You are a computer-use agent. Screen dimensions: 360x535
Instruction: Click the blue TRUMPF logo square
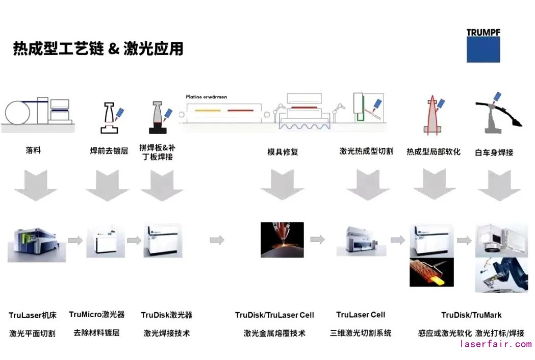coord(483,49)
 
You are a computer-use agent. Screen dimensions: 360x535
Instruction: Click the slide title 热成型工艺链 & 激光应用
coord(98,49)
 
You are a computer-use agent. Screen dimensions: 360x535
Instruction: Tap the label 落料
coord(33,151)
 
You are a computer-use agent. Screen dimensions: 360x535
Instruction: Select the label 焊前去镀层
coord(109,151)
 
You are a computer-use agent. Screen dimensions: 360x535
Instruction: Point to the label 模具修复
coord(283,151)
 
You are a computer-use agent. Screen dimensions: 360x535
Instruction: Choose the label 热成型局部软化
coord(433,151)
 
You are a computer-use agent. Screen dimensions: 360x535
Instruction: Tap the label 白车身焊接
coord(494,152)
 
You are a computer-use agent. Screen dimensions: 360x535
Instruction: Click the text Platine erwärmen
coord(207,96)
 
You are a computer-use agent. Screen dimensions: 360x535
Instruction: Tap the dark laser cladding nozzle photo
coord(282,239)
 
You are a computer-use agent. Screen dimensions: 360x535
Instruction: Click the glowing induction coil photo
coord(431,272)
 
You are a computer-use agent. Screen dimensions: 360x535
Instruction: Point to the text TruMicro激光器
coord(96,315)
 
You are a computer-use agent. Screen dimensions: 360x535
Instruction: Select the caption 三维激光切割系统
coord(361,333)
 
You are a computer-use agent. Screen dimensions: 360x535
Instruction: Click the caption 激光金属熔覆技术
coord(274,333)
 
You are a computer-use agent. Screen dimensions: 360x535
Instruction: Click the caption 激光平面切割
coord(32,333)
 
